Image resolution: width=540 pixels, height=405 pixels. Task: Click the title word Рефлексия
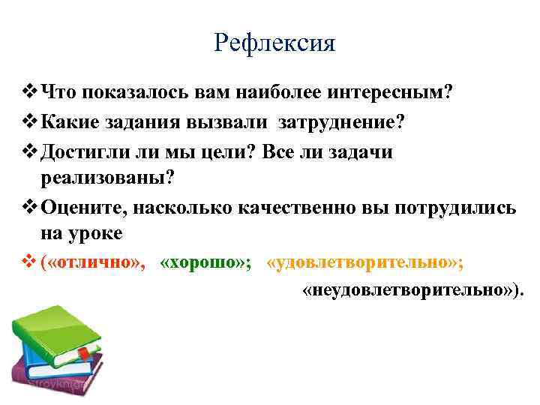(x=274, y=43)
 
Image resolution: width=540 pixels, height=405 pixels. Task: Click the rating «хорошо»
(x=207, y=263)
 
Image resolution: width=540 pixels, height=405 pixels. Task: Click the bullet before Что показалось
(x=29, y=92)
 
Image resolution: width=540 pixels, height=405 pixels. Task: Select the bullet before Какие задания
(x=29, y=122)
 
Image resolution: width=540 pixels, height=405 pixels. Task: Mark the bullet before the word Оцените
(x=29, y=208)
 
